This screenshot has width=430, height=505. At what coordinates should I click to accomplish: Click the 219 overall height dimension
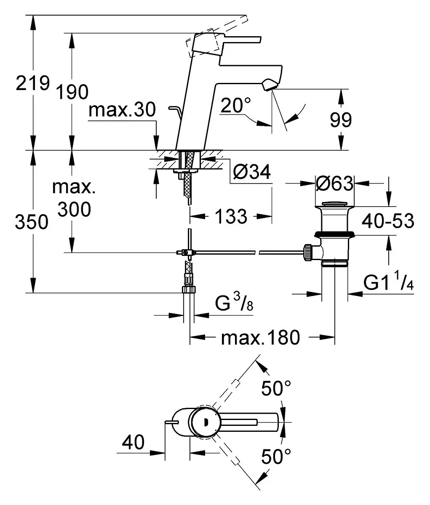click(33, 83)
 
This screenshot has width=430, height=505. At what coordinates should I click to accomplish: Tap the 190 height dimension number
click(72, 92)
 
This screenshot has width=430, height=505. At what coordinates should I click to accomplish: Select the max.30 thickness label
click(122, 110)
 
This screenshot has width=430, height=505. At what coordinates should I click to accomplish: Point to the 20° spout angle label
click(236, 105)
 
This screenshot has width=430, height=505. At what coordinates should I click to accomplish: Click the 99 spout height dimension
click(341, 120)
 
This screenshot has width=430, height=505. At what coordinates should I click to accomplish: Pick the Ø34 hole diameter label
click(252, 172)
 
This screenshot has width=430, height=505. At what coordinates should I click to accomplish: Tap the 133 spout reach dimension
click(231, 216)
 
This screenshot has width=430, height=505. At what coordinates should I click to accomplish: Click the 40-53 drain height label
click(388, 221)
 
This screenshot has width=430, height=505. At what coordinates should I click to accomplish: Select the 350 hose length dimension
click(32, 222)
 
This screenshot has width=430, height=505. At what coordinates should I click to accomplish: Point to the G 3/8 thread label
click(234, 303)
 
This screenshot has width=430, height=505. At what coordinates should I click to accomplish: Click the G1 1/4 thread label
click(388, 282)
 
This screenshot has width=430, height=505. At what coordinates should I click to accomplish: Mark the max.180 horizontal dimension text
click(260, 338)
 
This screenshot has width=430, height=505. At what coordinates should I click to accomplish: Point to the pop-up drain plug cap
click(334, 204)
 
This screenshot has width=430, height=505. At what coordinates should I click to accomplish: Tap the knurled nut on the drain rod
click(308, 252)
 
